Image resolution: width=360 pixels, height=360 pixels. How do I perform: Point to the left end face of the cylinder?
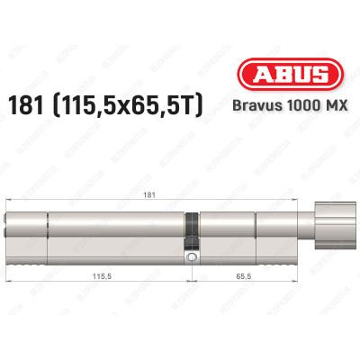pyautogui.click(x=9, y=234)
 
